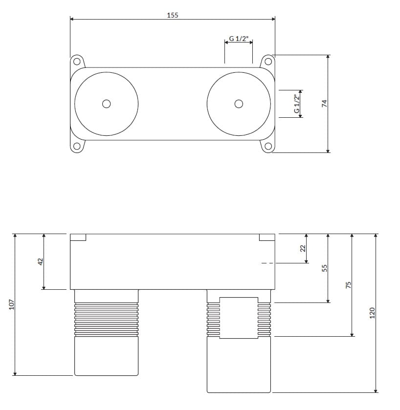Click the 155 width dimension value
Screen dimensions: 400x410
173,15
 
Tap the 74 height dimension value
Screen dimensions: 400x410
324,104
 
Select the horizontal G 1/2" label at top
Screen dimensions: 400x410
239,39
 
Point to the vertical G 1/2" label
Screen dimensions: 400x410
296,104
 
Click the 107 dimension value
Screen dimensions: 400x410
12,304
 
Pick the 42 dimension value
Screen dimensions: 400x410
41,262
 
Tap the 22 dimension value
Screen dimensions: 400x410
303,248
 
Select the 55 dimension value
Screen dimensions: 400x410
324,268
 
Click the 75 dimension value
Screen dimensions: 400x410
349,285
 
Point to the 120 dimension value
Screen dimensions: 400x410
372,313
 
